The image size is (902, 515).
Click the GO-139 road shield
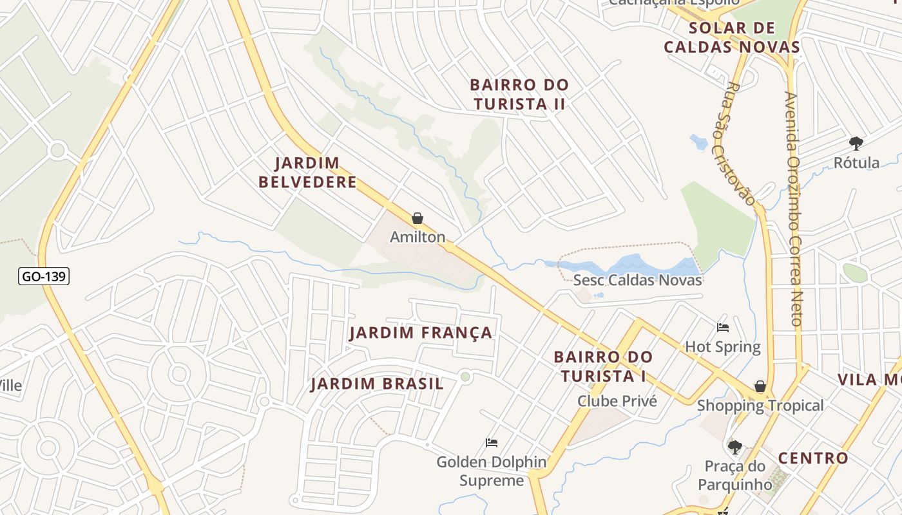[x=44, y=277]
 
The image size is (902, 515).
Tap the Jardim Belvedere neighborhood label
[x=307, y=173]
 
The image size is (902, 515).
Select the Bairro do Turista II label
[x=519, y=94]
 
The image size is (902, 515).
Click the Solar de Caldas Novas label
[x=732, y=37]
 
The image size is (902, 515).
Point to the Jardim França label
[x=421, y=333]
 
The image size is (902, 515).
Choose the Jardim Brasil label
[x=377, y=384]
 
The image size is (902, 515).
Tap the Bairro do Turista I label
[x=603, y=366]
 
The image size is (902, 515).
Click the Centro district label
[x=813, y=458]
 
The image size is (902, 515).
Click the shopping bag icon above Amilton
[x=417, y=219]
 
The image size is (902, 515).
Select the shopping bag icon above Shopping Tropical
[x=760, y=386]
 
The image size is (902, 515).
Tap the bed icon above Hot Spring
[x=723, y=328]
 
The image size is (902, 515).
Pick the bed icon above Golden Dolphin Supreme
[x=492, y=443]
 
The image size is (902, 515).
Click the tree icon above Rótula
[x=856, y=144]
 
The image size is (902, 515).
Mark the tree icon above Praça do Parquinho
[x=734, y=447]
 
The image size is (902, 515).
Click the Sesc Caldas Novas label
[x=637, y=280]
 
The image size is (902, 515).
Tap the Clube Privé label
[x=617, y=401]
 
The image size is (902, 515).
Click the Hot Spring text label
[x=722, y=347]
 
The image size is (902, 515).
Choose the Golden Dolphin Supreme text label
[x=492, y=471]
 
